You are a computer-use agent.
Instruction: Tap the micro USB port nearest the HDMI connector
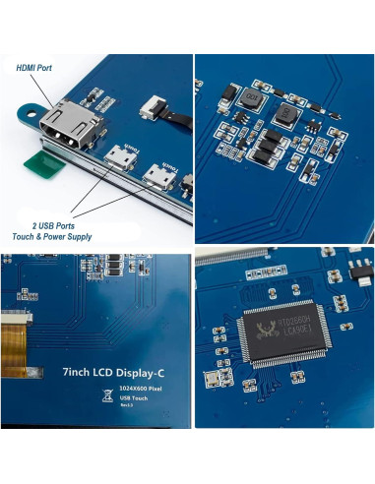118,156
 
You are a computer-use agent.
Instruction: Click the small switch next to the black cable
154,106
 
